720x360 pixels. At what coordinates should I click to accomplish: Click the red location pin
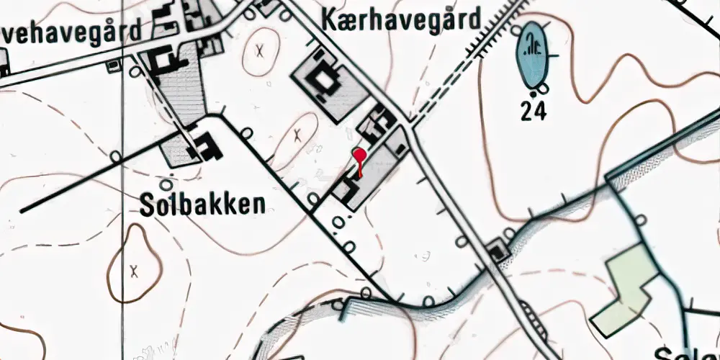point(359,154)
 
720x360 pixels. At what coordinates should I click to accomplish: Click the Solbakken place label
point(204,204)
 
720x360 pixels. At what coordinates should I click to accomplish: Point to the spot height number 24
point(534,112)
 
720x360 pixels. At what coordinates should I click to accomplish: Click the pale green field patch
point(624,288)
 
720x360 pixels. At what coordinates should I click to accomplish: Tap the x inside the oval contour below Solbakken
point(133,271)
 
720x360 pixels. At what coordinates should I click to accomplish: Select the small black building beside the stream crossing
point(497,252)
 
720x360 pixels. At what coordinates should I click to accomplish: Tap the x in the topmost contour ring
point(259,50)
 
